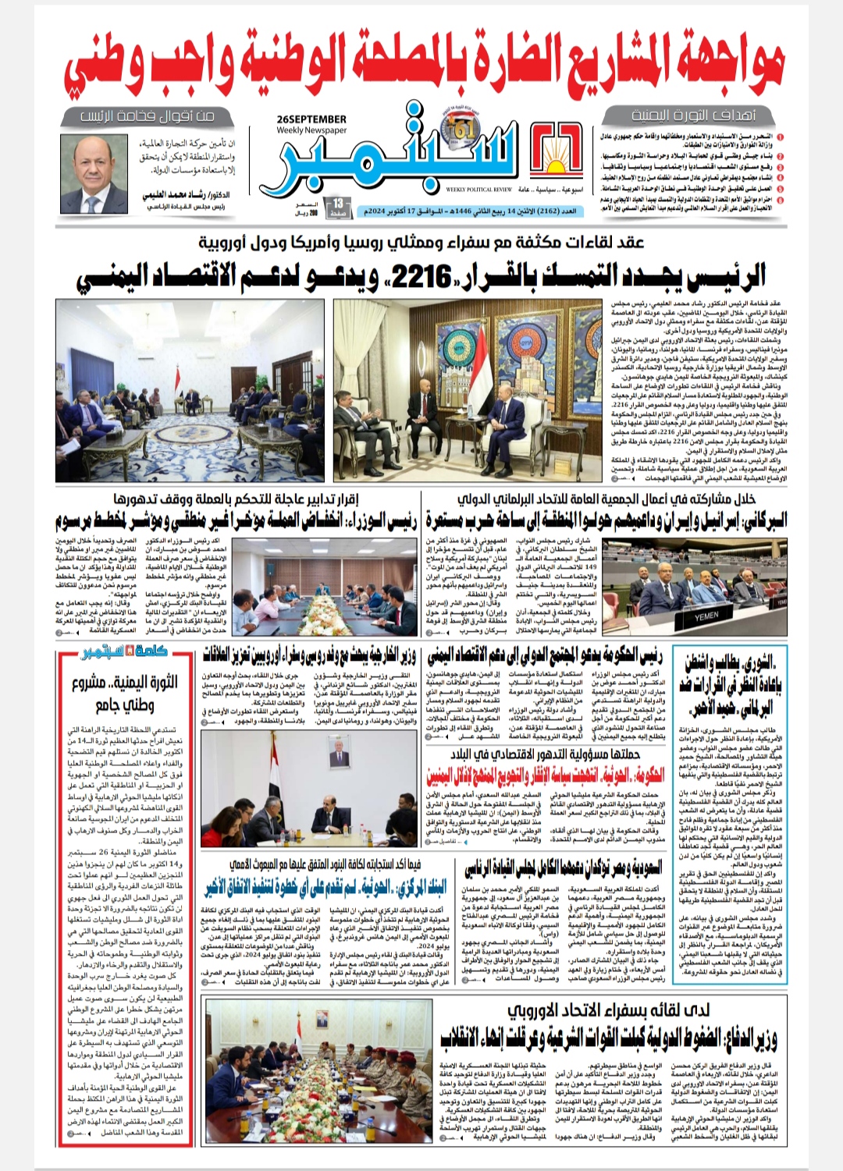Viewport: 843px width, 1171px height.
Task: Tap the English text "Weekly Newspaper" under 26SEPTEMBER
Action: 311,130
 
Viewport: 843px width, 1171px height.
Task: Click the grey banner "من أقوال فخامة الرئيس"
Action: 147,116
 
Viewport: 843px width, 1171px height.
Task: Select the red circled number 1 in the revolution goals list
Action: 606,137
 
